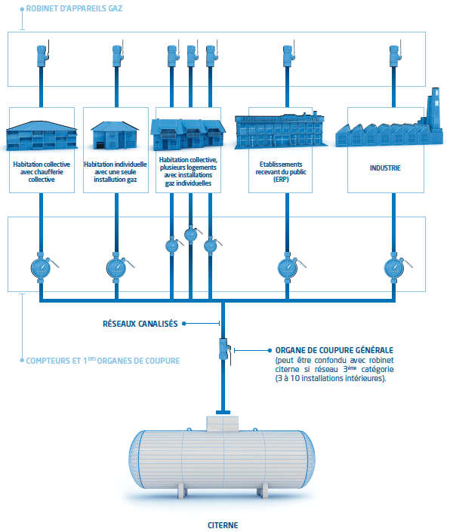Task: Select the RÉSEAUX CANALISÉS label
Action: [x=140, y=324]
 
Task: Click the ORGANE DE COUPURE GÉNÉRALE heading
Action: [x=330, y=351]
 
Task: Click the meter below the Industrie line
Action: [x=393, y=267]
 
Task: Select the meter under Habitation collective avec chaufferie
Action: [x=42, y=267]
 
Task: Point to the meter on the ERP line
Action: [x=287, y=267]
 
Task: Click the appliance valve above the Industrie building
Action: [x=393, y=56]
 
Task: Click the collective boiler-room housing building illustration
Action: [x=42, y=134]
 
